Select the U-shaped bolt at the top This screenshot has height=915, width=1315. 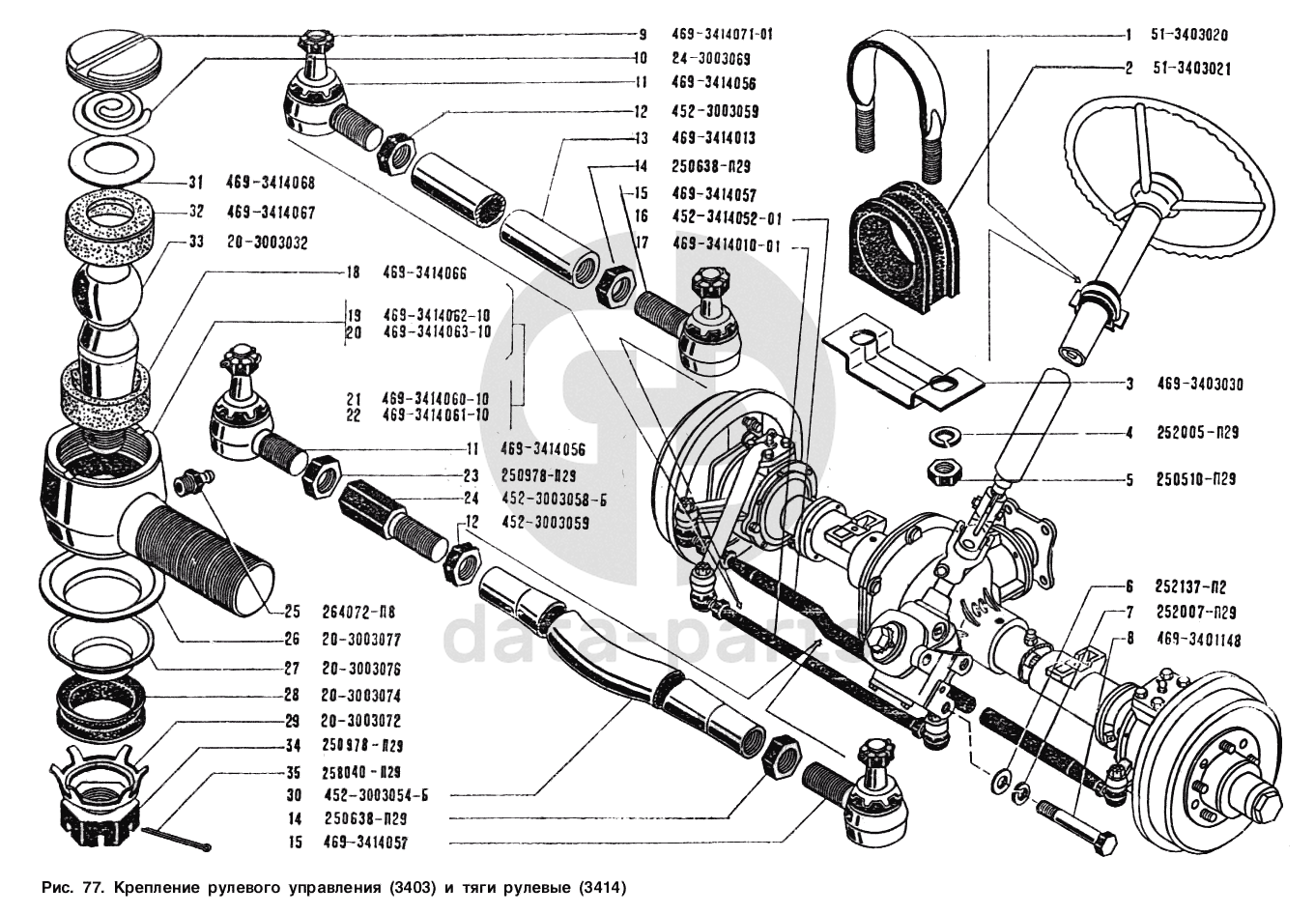890,87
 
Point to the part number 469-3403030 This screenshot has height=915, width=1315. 1200,385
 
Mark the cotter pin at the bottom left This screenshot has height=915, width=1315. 178,840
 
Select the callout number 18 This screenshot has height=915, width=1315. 353,273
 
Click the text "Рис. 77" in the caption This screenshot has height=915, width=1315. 73,886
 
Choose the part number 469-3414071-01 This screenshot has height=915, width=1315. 722,34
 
